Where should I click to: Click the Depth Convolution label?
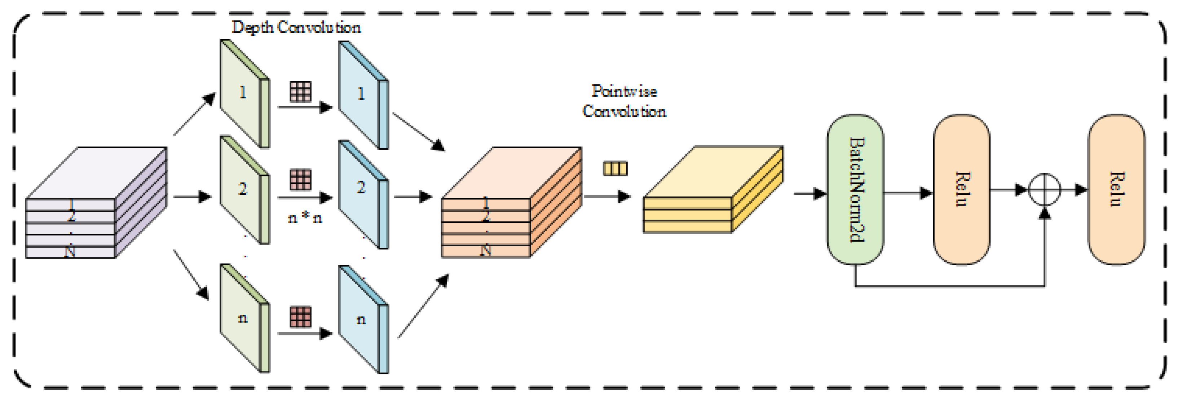(296, 27)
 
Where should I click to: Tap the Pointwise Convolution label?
(624, 101)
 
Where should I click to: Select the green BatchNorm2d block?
(855, 189)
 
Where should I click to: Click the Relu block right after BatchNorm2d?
(961, 189)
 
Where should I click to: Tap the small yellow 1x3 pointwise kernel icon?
(615, 168)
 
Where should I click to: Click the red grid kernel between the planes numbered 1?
(300, 91)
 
